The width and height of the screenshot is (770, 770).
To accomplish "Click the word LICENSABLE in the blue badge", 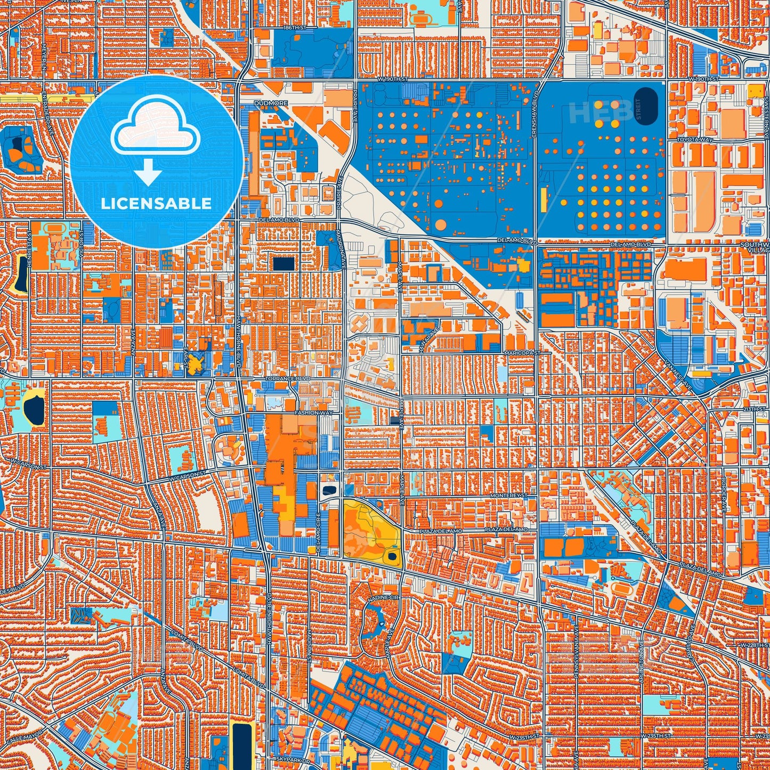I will click(x=156, y=204).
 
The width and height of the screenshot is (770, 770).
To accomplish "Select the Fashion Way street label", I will click(x=314, y=413).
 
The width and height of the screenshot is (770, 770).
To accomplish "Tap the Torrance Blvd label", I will click(x=288, y=379).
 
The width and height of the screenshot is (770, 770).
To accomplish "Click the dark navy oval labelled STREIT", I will click(x=645, y=106).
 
